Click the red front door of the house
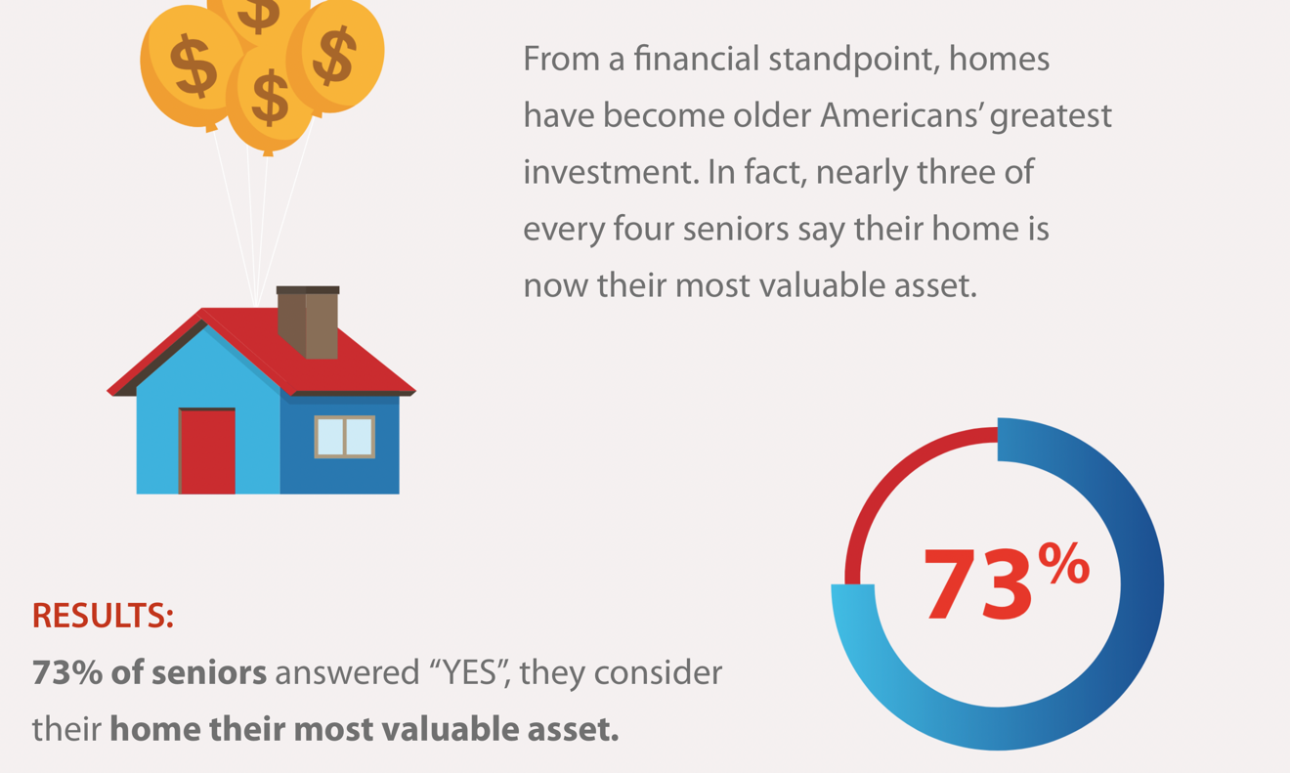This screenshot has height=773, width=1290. pos(207,451)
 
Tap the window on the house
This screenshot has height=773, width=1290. pos(344,437)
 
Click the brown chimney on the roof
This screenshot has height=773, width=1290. pos(308,322)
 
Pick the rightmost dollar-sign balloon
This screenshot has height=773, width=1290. pos(336,58)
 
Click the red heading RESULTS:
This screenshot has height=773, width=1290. pos(103,615)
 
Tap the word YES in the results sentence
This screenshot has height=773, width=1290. pos(470,672)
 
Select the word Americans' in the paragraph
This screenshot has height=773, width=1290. pos(901,115)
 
